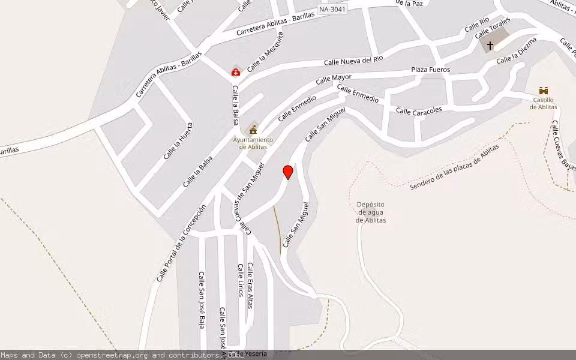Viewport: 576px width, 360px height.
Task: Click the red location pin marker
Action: coord(288,172)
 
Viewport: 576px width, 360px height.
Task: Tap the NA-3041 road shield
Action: coord(333,10)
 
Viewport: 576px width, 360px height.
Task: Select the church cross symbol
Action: coord(490,45)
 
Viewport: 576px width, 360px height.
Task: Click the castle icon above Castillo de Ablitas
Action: coord(544,91)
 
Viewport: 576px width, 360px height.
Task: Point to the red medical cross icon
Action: coord(236,72)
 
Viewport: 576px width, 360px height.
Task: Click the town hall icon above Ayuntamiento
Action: coord(253,129)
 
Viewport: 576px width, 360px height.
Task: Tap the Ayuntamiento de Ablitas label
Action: coord(253,143)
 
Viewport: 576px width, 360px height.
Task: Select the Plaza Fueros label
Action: coord(430,70)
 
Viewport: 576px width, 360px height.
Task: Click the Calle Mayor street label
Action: coord(334,79)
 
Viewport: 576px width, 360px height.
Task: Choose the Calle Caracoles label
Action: coord(419,110)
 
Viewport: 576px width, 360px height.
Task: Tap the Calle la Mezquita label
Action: coord(265,52)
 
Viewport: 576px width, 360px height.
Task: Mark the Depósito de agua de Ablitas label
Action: coord(370,212)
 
